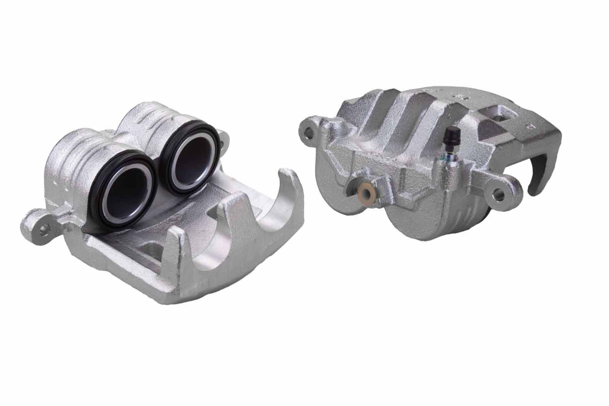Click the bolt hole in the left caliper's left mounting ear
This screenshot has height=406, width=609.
pos(42,228)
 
